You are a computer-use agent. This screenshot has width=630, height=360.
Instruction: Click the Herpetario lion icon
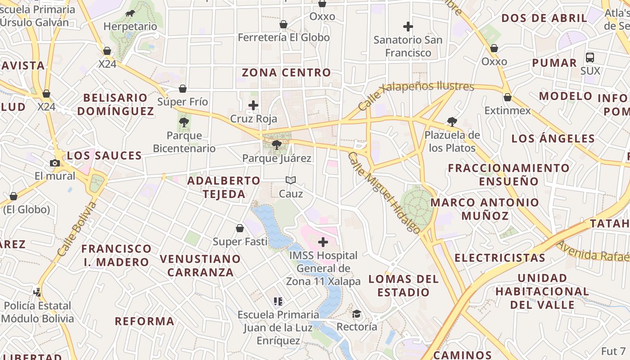click(130, 13)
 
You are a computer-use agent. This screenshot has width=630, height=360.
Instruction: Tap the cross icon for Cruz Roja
click(253, 106)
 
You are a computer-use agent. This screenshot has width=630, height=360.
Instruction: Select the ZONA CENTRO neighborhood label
click(286, 72)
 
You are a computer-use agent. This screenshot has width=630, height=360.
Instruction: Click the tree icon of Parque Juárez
click(277, 145)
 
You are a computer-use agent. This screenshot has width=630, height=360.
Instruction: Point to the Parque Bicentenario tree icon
click(184, 122)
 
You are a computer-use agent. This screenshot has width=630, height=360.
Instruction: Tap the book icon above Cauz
click(291, 180)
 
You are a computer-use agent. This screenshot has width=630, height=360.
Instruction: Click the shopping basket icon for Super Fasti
click(240, 228)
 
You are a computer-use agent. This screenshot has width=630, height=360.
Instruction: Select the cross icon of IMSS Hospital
click(323, 242)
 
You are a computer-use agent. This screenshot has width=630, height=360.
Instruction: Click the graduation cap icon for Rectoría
click(356, 314)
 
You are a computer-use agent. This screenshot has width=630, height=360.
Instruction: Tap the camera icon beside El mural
click(55, 163)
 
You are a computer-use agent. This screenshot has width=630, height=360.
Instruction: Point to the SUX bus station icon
click(590, 58)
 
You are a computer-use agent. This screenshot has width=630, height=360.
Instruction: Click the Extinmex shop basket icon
click(508, 97)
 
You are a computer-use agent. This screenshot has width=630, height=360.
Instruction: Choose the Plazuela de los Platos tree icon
click(452, 121)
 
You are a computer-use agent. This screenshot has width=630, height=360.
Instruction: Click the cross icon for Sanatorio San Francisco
click(408, 27)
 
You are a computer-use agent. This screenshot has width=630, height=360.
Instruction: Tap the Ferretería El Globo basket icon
click(283, 24)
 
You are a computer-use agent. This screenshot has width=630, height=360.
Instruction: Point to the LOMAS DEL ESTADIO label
click(403, 286)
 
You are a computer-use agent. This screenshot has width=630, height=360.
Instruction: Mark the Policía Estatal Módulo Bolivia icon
click(37, 292)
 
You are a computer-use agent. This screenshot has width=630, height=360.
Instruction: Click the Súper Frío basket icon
click(183, 89)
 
